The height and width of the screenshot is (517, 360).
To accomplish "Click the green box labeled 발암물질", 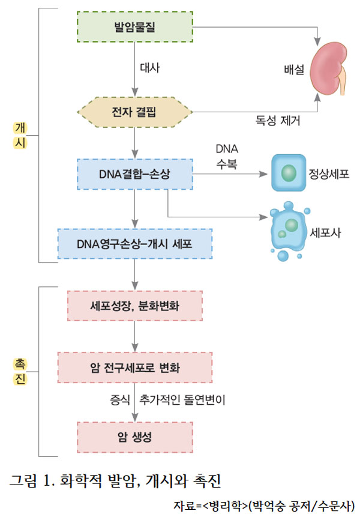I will click(135, 27).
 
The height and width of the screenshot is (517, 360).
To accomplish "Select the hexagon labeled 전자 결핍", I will click(135, 112).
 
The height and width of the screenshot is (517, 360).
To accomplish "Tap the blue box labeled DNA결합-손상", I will click(135, 175).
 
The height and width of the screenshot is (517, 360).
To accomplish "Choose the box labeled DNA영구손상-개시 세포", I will click(135, 244).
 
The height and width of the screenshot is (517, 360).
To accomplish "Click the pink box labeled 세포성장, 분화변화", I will click(135, 307).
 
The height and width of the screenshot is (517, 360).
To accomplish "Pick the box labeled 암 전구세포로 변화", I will click(135, 367).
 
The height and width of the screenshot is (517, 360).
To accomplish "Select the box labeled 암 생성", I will click(135, 437).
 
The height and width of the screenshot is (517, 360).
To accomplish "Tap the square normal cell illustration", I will click(288, 174).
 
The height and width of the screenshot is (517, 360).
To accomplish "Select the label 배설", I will click(294, 69).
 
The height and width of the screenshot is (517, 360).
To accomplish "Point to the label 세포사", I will click(326, 232).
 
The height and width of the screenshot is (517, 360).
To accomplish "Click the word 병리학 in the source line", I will click(225, 504).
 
